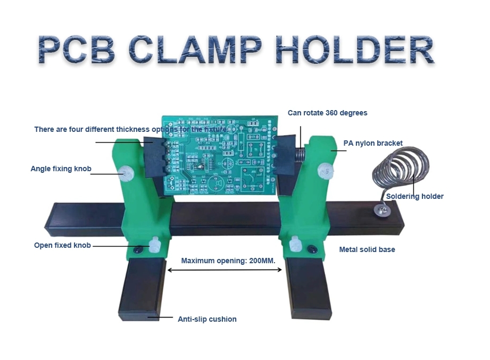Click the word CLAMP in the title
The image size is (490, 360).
[195, 49]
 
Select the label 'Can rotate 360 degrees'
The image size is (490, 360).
[328, 113]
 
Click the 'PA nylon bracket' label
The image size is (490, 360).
[373, 144]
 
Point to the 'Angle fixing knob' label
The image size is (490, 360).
[61, 169]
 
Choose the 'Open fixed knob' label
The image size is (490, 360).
[62, 246]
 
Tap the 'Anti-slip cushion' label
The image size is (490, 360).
[207, 319]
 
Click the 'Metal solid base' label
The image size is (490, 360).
[367, 249]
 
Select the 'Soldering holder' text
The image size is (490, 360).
[414, 196]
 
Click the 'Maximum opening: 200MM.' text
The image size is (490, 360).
[228, 261]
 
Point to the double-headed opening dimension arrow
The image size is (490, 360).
[225, 270]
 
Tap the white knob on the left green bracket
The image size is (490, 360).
[126, 173]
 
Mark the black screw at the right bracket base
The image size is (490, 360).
[312, 249]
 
